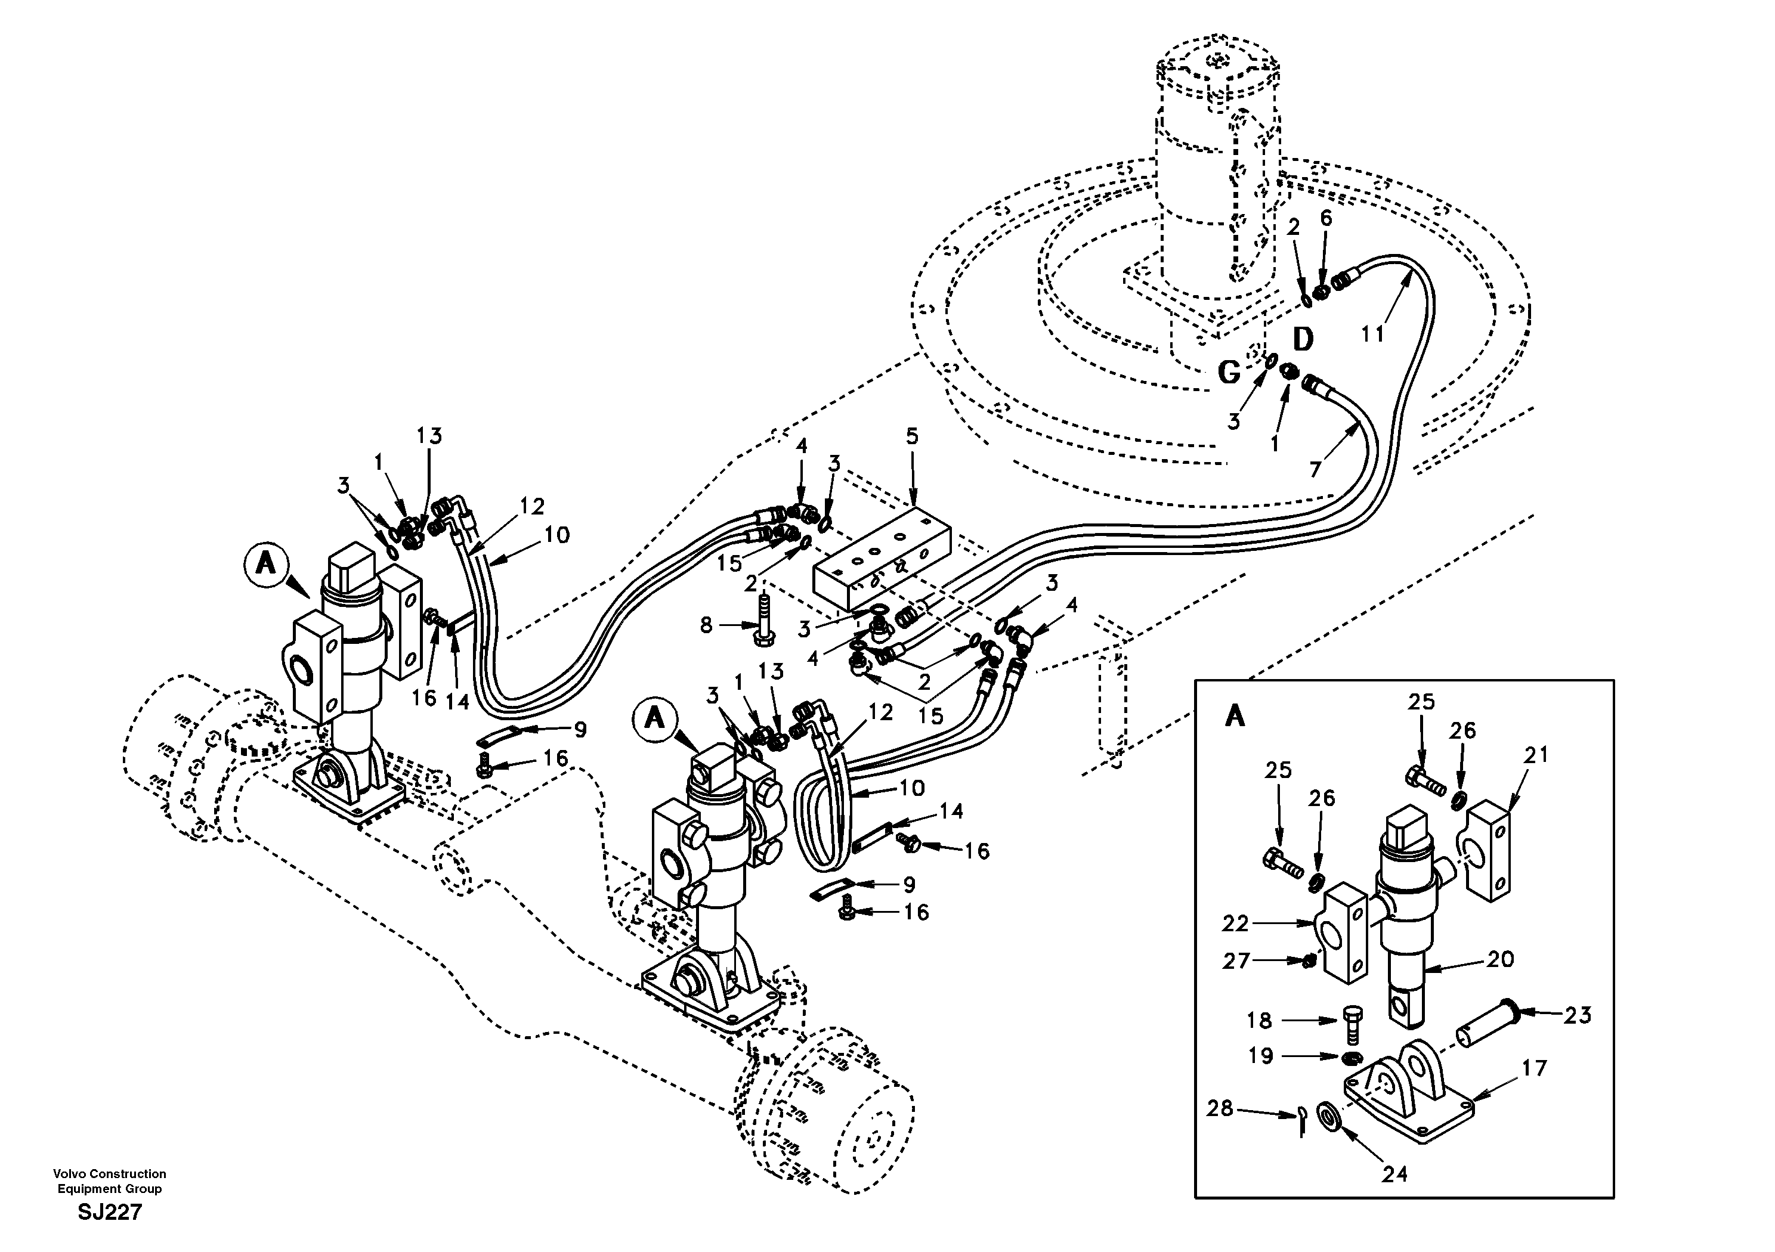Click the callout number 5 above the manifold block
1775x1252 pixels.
[x=912, y=436]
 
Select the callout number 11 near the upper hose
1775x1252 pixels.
[x=1372, y=334]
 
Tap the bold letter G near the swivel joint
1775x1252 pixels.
[x=1229, y=373]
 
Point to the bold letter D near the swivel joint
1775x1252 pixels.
[x=1303, y=339]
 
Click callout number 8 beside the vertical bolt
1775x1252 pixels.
[x=706, y=625]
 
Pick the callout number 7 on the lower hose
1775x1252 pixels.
[x=1315, y=469]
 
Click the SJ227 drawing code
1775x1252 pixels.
[x=110, y=1212]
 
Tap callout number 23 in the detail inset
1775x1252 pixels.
[x=1578, y=1015]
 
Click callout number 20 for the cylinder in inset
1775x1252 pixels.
[x=1500, y=959]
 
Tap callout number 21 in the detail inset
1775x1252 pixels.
[x=1535, y=755]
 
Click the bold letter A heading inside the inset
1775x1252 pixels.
[x=1235, y=717]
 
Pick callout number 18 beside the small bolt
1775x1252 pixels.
[x=1259, y=1021]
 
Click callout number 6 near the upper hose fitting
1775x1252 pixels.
[x=1326, y=218]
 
